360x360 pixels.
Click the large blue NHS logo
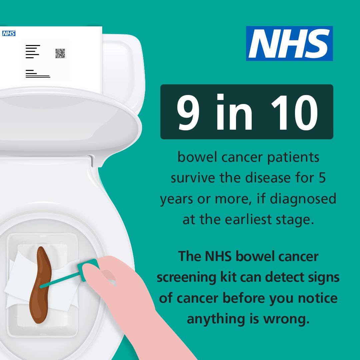click(289, 43)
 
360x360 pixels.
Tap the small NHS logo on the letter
click(9, 34)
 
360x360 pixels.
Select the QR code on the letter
click(60, 53)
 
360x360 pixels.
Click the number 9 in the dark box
click(188, 112)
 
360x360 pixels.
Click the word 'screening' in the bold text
click(186, 278)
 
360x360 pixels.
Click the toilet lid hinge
click(92, 160)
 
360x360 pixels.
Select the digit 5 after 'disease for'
click(322, 178)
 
